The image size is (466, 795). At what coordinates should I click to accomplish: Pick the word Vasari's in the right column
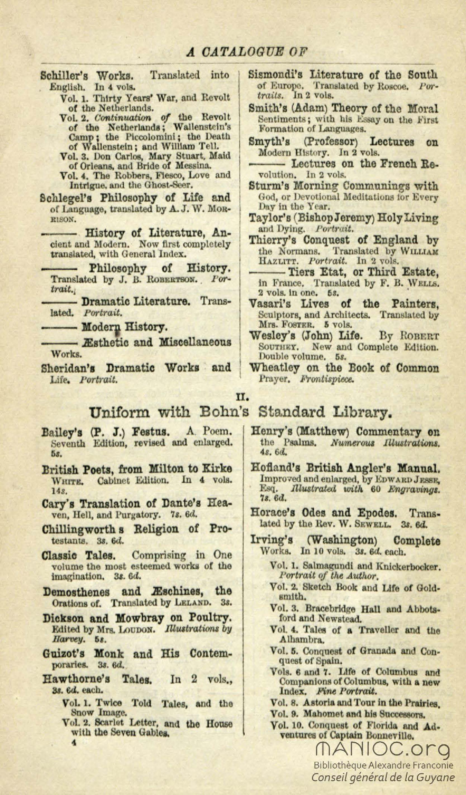[270, 304]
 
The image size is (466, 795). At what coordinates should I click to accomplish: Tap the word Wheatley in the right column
[274, 368]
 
